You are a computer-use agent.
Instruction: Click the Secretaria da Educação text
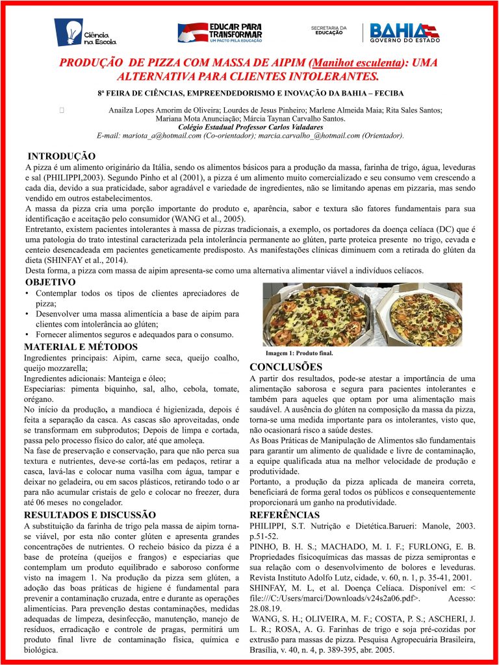[x=329, y=31]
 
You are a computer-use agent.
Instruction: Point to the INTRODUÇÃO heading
[x=62, y=157]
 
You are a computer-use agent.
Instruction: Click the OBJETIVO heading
[x=50, y=282]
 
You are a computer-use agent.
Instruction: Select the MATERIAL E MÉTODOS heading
[x=81, y=346]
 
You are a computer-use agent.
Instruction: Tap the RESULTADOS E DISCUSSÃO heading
[x=90, y=514]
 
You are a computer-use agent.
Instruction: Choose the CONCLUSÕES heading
[x=286, y=367]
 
